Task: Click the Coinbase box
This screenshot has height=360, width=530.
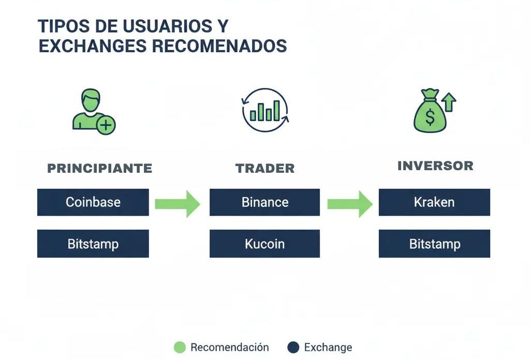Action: tap(93, 202)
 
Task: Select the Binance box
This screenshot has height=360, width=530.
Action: tap(264, 202)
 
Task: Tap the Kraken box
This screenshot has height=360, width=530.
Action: tap(434, 202)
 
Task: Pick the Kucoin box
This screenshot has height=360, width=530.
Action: tap(264, 244)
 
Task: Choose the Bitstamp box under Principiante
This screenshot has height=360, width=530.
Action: tap(93, 244)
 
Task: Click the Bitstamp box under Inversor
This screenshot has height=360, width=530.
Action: tap(434, 244)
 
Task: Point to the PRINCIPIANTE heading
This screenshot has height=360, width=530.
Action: tap(100, 168)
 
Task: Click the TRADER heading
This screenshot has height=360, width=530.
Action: tap(265, 168)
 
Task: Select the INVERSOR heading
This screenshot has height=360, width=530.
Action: tap(435, 166)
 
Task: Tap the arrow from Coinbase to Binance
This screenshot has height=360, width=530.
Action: tap(178, 204)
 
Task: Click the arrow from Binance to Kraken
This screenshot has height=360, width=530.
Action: tap(350, 204)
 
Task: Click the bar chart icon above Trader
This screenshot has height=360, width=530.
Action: tap(265, 110)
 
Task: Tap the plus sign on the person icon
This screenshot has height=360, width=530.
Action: tap(107, 125)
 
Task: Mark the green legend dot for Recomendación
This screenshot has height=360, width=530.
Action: tap(180, 348)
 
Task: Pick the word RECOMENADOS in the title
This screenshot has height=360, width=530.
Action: tap(219, 46)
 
